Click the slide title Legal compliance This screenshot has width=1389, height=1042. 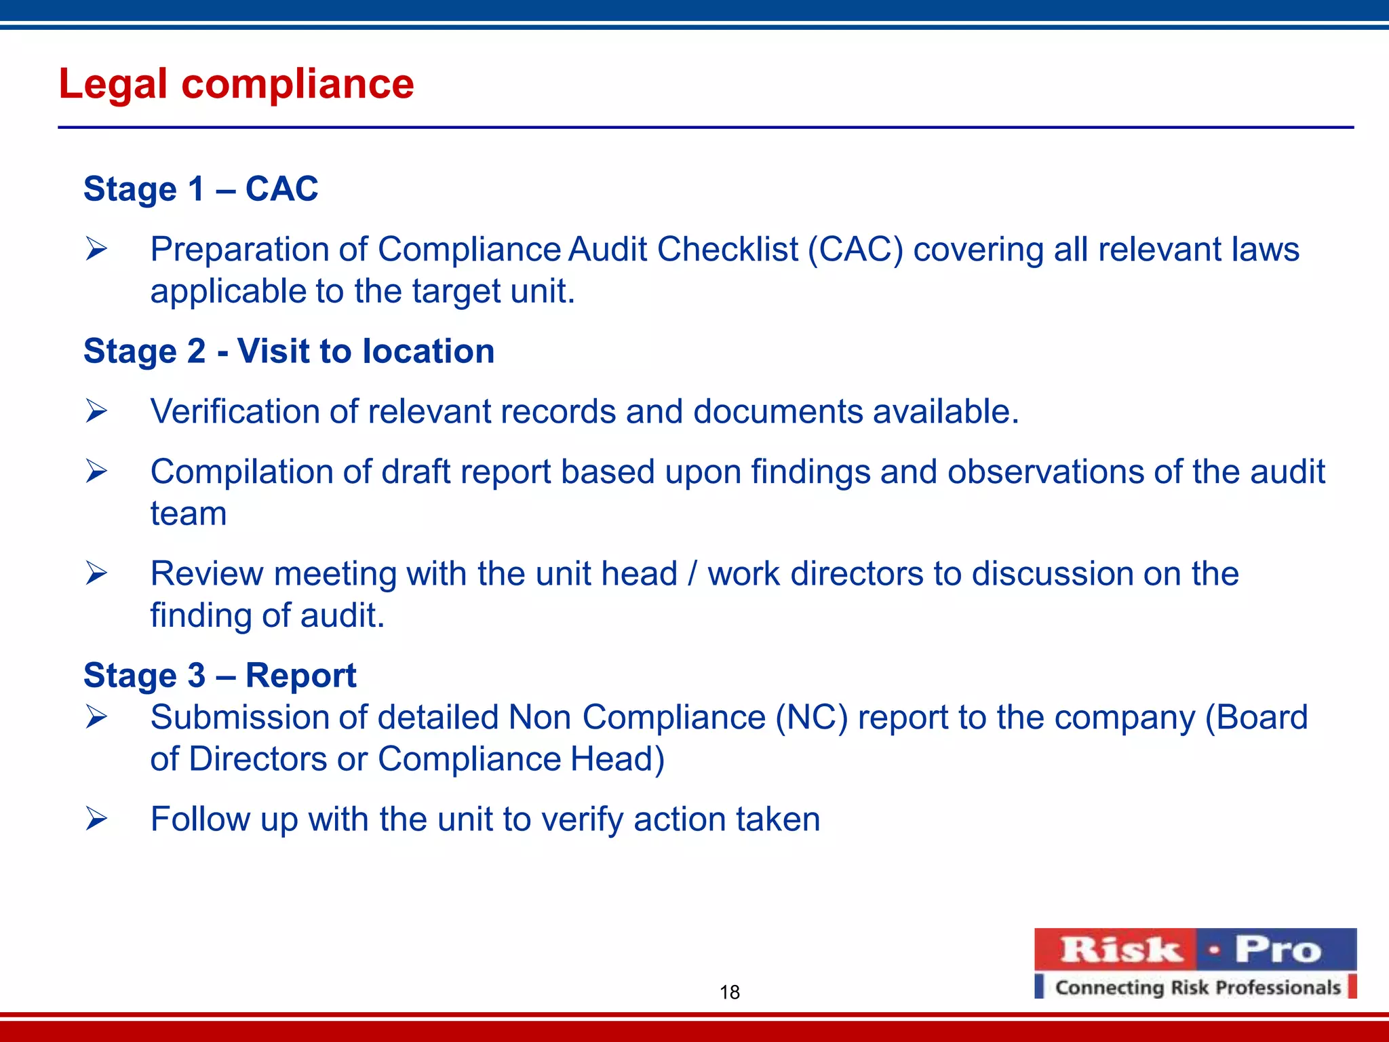click(x=236, y=84)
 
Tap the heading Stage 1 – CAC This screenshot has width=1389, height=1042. click(x=201, y=189)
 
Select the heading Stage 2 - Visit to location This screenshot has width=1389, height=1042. click(x=289, y=351)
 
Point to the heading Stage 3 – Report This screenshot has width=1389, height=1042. click(x=220, y=676)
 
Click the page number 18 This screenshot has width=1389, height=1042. click(x=729, y=992)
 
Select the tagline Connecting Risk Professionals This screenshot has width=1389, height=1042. click(x=1198, y=987)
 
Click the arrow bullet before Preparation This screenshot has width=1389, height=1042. click(x=96, y=250)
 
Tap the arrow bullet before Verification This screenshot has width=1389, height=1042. click(x=96, y=412)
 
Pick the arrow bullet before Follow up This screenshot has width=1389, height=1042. click(x=96, y=819)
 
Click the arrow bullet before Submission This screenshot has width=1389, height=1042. click(x=96, y=718)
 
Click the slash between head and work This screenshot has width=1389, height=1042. click(x=692, y=574)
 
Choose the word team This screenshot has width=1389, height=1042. click(x=189, y=514)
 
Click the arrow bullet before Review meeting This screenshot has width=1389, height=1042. click(x=96, y=574)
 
